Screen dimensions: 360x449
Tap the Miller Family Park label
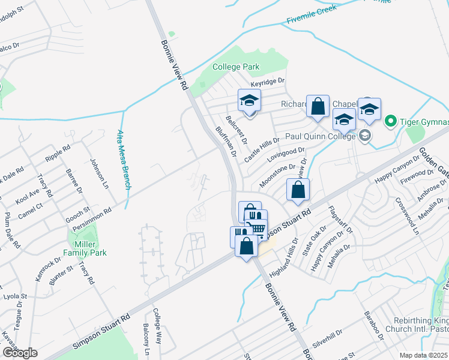tap(86, 248)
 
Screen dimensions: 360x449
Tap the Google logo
tap(19, 353)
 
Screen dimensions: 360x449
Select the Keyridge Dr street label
tap(267, 81)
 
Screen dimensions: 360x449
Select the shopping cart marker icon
tap(256, 227)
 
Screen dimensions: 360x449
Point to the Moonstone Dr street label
tap(277, 175)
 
